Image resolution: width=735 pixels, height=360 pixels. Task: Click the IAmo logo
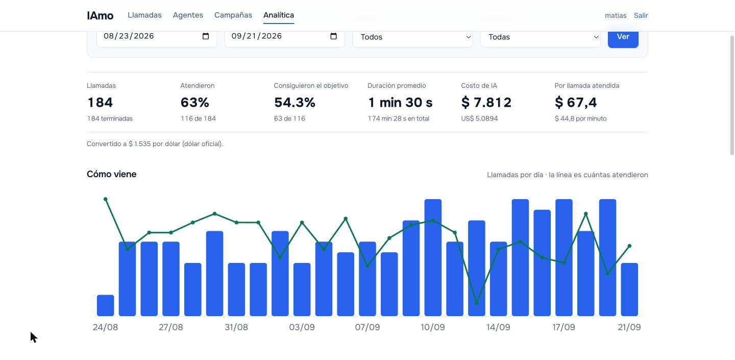pos(100,15)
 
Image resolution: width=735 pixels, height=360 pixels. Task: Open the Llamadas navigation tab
pos(144,15)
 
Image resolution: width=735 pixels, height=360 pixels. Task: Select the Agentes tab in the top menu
pos(188,15)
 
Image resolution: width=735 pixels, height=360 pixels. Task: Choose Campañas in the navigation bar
pos(233,15)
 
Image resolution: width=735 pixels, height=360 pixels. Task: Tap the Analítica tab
pos(279,15)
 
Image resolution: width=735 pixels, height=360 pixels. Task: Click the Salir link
pos(641,15)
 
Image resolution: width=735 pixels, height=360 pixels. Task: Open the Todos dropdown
pos(412,37)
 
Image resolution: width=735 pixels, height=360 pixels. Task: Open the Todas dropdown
pos(540,37)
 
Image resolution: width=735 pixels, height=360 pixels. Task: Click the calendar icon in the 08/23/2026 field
pos(206,36)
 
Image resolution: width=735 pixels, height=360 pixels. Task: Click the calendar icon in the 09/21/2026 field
pos(333,36)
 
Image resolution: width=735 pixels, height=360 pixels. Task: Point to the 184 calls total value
pos(100,103)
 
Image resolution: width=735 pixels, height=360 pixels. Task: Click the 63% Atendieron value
pos(194,103)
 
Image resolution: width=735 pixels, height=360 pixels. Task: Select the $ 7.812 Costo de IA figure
pos(486,103)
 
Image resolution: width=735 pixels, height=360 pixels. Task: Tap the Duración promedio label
pos(397,86)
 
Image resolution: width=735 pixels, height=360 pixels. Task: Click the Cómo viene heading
pos(112,174)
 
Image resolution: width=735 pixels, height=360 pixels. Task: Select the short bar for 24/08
pos(105,305)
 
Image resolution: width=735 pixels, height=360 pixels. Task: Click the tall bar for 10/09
pos(433,257)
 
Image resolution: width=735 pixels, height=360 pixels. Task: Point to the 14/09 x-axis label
pos(498,327)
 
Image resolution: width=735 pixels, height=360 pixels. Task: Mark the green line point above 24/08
pos(105,199)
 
